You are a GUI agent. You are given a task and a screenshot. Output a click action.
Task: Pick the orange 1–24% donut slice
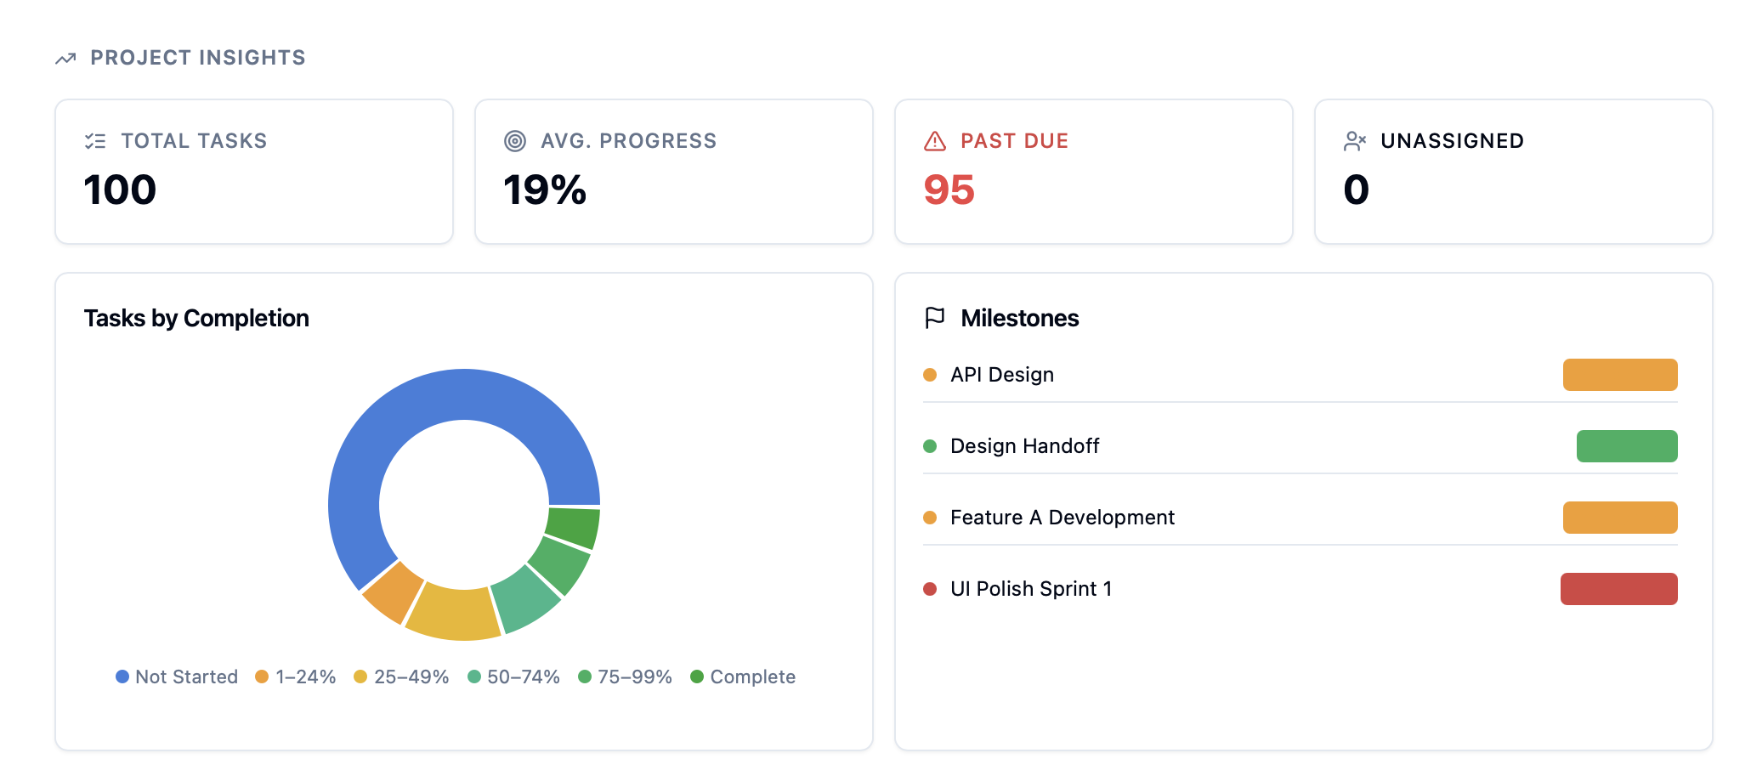click(393, 592)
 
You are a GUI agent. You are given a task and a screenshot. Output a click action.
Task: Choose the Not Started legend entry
click(177, 677)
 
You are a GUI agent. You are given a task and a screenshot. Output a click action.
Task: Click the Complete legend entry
click(743, 677)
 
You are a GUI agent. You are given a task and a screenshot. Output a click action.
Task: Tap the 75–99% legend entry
click(625, 677)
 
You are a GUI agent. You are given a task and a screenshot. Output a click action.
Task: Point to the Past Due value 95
click(949, 190)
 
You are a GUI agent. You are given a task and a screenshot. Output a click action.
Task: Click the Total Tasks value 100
click(120, 190)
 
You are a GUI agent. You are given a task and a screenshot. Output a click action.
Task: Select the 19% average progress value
click(544, 190)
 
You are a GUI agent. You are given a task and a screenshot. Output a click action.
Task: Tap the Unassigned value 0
click(1356, 190)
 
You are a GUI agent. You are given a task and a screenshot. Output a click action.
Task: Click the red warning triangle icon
click(934, 141)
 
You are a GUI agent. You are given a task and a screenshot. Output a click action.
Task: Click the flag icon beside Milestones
click(934, 318)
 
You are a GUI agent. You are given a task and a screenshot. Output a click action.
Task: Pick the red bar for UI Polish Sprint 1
click(1618, 589)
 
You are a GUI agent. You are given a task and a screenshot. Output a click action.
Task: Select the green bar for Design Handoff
click(1626, 446)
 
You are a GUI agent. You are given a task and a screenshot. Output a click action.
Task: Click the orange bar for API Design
click(1619, 375)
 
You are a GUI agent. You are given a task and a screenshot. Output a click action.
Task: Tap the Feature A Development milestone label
click(1062, 518)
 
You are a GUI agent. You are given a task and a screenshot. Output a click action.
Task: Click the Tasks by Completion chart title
click(196, 318)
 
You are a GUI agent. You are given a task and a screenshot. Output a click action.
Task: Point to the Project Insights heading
click(197, 58)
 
